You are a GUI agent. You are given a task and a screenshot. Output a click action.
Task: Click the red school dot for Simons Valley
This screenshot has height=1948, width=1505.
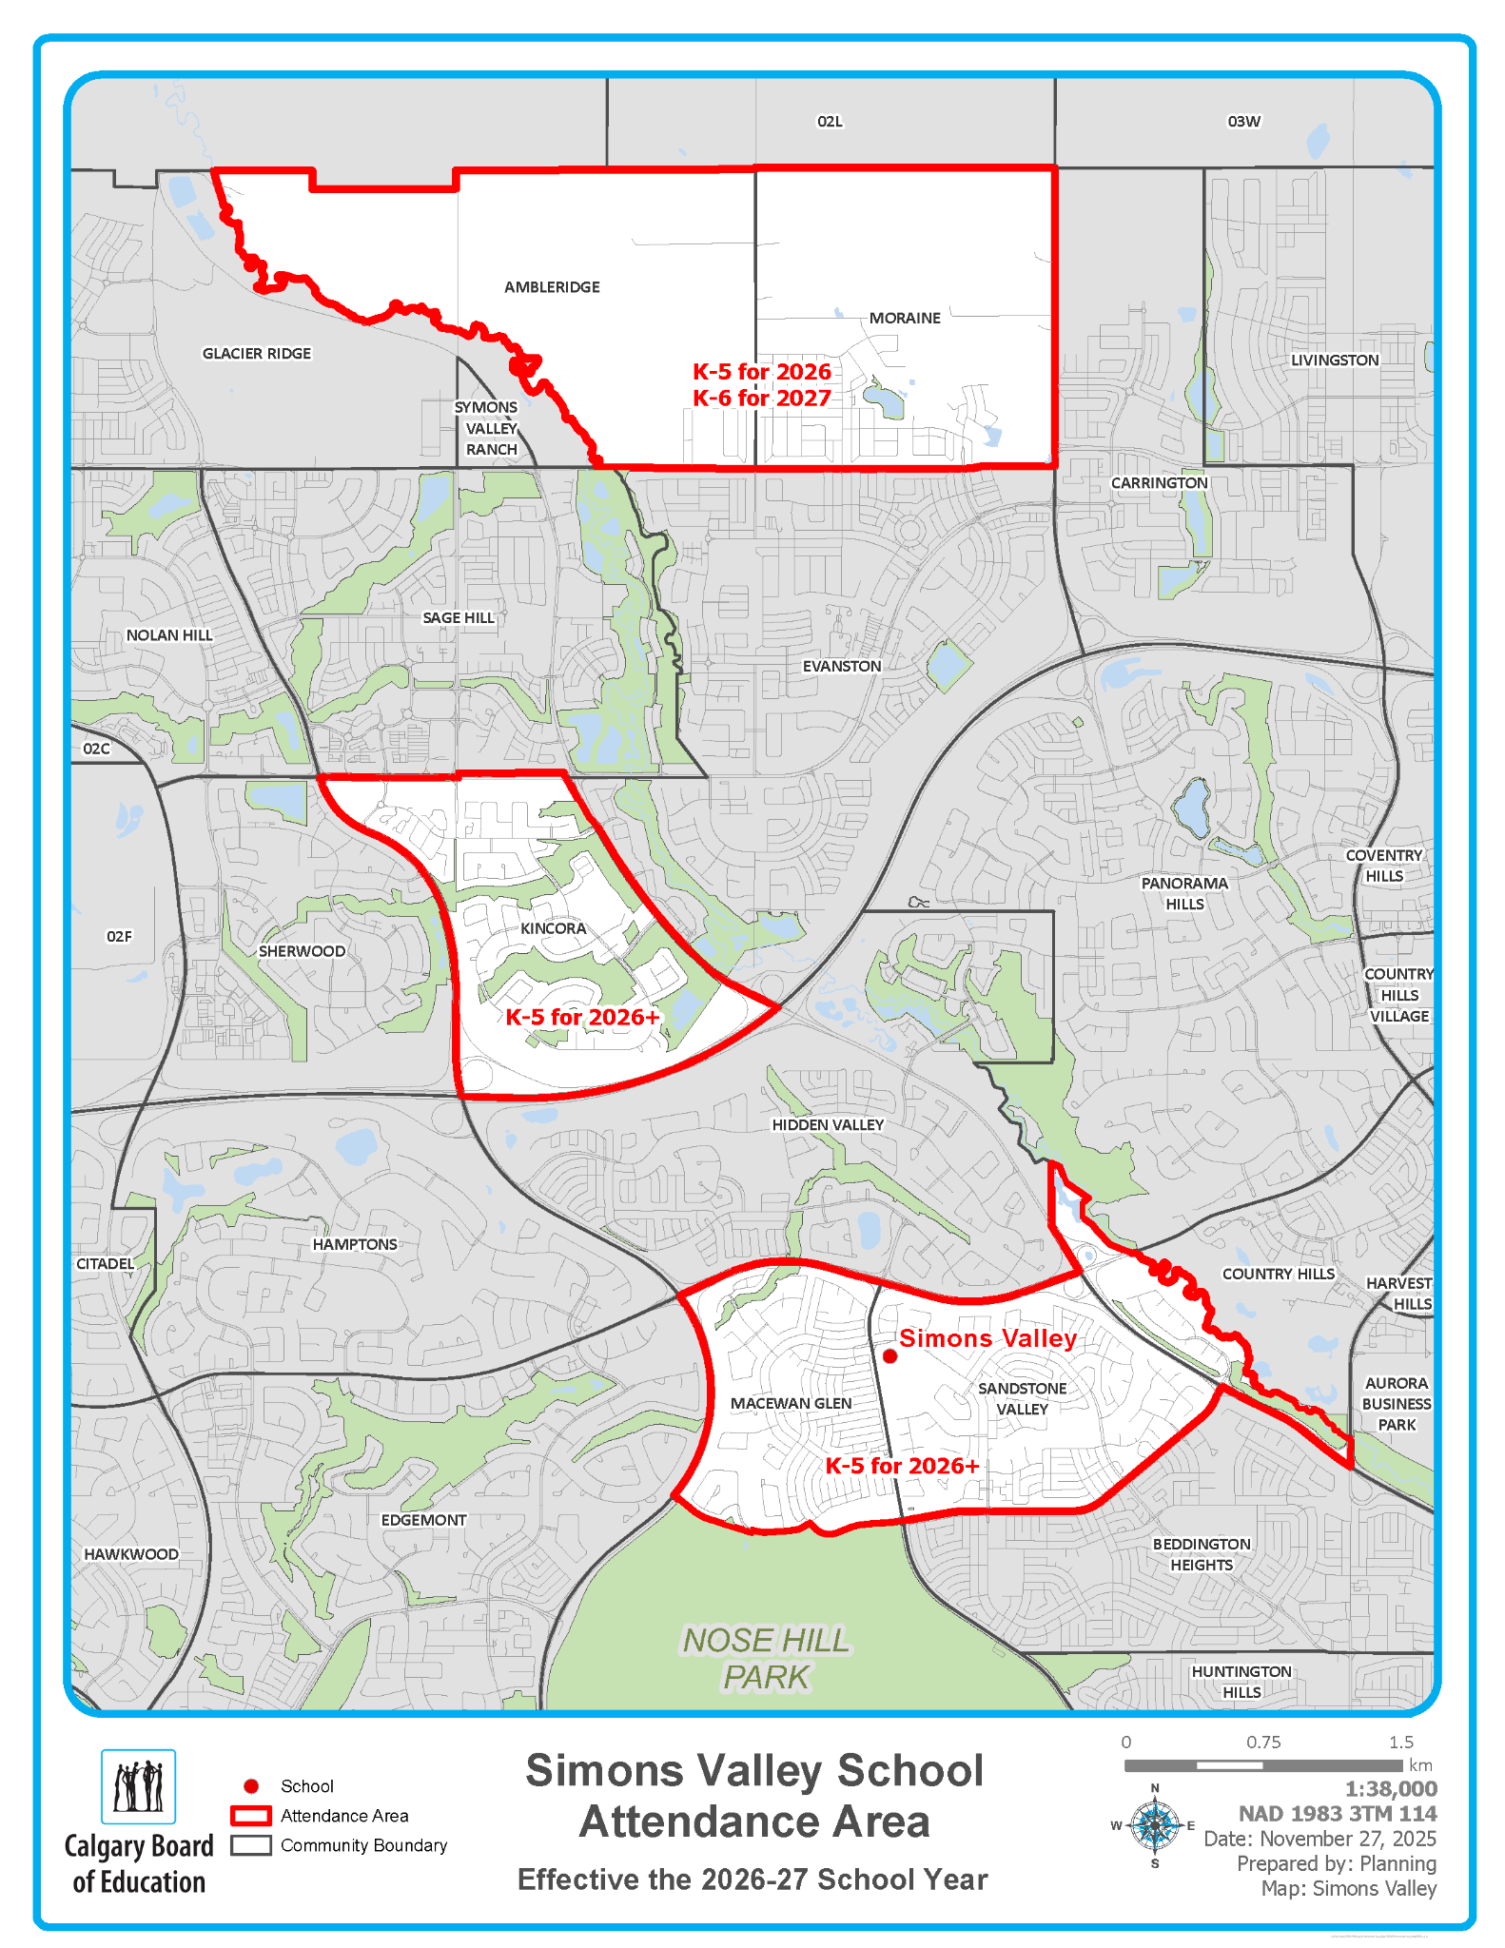pyautogui.click(x=889, y=1356)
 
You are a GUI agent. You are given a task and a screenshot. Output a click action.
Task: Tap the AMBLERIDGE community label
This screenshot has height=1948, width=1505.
pyautogui.click(x=552, y=287)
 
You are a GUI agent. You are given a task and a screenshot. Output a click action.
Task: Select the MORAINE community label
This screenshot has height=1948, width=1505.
pyautogui.click(x=905, y=318)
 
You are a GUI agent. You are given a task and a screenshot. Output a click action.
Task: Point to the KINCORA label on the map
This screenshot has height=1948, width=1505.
pyautogui.click(x=553, y=928)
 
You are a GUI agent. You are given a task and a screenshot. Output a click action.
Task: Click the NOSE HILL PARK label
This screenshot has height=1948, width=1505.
pyautogui.click(x=766, y=1659)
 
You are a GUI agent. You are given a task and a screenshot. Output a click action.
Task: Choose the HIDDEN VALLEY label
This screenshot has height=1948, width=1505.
pyautogui.click(x=828, y=1125)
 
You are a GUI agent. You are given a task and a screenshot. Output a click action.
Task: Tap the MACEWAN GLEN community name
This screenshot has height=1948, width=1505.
pyautogui.click(x=791, y=1403)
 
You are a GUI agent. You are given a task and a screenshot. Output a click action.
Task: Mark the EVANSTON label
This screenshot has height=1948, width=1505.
pyautogui.click(x=842, y=666)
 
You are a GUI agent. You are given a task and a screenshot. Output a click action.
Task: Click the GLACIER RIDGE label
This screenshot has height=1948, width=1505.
pyautogui.click(x=257, y=354)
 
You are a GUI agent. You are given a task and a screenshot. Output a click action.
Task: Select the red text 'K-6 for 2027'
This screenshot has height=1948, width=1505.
pyautogui.click(x=762, y=399)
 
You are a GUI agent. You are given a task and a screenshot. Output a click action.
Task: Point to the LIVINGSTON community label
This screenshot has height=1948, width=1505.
pyautogui.click(x=1334, y=360)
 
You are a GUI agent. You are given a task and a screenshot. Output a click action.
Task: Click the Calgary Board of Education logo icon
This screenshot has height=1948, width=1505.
pyautogui.click(x=139, y=1786)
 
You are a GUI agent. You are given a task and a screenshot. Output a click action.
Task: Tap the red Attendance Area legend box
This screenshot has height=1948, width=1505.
pyautogui.click(x=251, y=1816)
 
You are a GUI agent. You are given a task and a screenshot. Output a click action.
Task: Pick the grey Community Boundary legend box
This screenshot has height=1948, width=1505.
pyautogui.click(x=251, y=1845)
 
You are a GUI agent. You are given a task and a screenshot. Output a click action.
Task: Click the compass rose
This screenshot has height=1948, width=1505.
pyautogui.click(x=1155, y=1825)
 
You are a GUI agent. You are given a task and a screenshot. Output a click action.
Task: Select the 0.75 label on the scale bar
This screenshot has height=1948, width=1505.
pyautogui.click(x=1263, y=1743)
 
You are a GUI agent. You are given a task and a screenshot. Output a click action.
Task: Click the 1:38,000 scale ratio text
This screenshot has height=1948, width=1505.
pyautogui.click(x=1390, y=1789)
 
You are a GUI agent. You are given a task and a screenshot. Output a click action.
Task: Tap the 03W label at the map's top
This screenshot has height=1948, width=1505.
pyautogui.click(x=1243, y=122)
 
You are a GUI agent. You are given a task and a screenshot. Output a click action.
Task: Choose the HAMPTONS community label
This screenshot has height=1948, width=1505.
pyautogui.click(x=355, y=1244)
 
